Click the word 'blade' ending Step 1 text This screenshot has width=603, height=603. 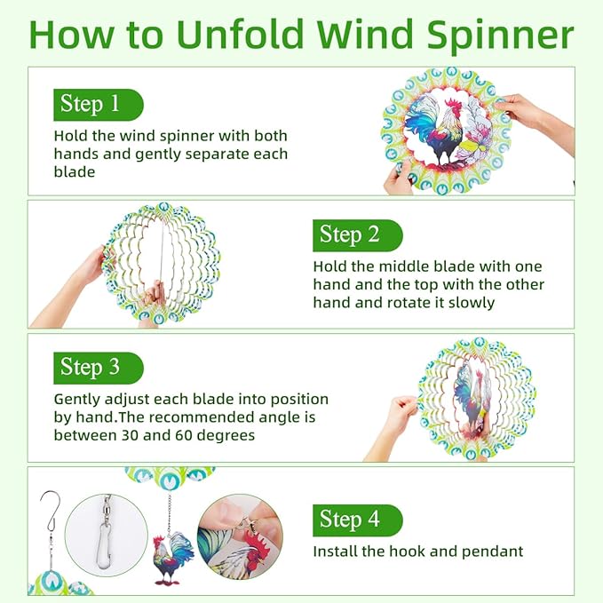coord(75,171)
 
